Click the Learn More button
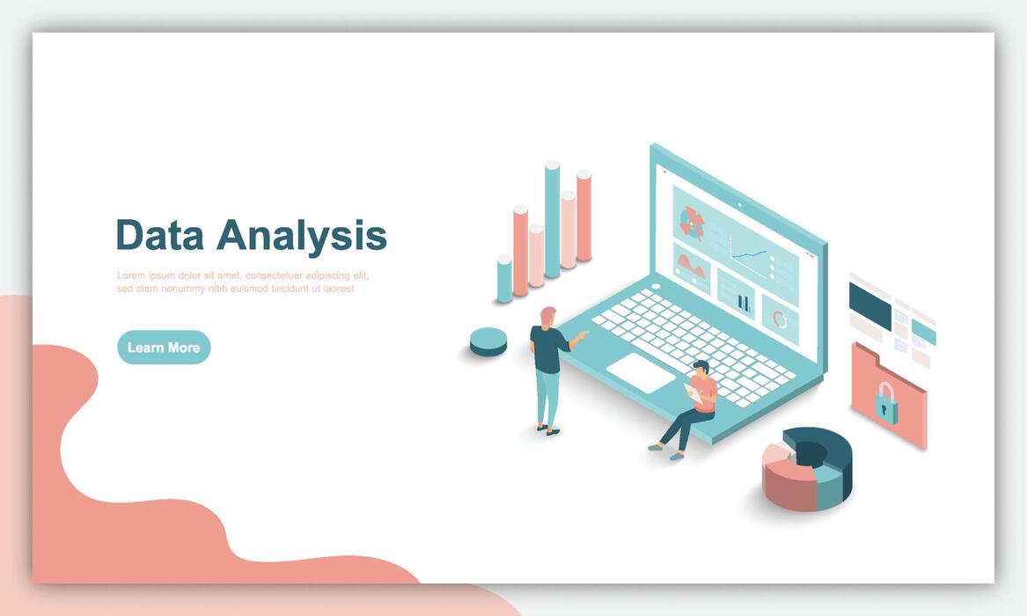[164, 348]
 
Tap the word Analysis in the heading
[302, 237]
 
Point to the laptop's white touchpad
[641, 372]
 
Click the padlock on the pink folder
[885, 401]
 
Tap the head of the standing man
[548, 316]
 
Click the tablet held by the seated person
[693, 393]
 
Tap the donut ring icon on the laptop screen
[780, 319]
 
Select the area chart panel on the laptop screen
[692, 269]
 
